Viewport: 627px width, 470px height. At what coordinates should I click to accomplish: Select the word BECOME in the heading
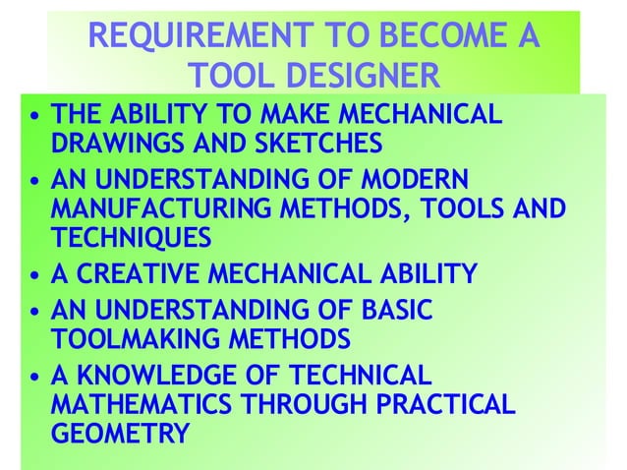[445, 38]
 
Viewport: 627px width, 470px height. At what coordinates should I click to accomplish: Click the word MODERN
[407, 182]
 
